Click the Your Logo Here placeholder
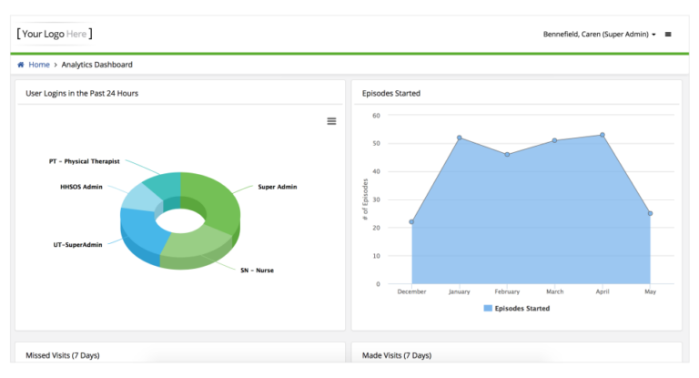click(x=54, y=34)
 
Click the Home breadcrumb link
click(x=38, y=65)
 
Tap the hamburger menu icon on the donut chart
click(x=331, y=121)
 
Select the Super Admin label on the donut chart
click(x=278, y=186)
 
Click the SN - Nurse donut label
click(x=257, y=271)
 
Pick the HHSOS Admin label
click(x=82, y=187)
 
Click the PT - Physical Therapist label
click(x=85, y=161)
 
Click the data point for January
click(x=460, y=138)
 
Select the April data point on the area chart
click(x=603, y=135)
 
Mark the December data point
click(x=411, y=221)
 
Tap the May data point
click(x=650, y=213)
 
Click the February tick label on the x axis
click(x=507, y=292)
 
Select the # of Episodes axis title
click(x=365, y=199)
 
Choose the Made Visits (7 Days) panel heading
click(x=397, y=355)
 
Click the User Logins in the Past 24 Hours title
click(x=82, y=93)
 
